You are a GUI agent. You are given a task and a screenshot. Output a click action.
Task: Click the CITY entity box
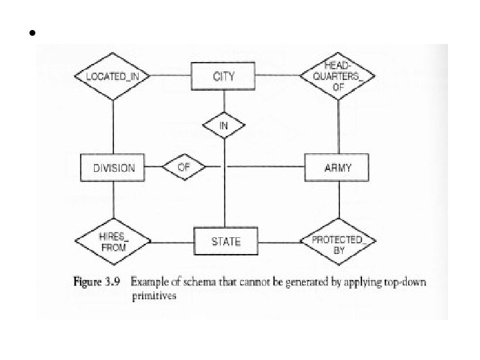[x=223, y=76]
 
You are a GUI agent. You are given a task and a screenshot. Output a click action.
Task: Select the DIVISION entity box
[x=113, y=168]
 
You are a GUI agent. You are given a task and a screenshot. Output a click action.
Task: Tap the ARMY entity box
[x=337, y=168]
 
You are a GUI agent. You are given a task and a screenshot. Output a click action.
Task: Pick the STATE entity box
[x=225, y=241]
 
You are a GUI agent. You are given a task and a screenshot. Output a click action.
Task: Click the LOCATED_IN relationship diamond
[x=112, y=76]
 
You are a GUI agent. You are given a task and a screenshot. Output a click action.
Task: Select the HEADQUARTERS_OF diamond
[x=337, y=75]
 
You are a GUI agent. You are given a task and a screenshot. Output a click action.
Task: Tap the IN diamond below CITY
[x=224, y=125]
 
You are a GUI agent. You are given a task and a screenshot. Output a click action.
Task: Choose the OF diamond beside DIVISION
[x=184, y=167]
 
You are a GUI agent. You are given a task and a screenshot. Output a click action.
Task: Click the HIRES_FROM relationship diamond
[x=113, y=241]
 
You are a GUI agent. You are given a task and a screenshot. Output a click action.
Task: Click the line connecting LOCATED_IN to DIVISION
[x=113, y=127]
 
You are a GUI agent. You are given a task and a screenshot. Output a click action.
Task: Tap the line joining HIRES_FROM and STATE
[x=172, y=241]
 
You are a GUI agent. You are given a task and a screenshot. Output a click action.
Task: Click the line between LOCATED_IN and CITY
[x=170, y=76]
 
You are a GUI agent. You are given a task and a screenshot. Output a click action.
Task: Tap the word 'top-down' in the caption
[x=407, y=282]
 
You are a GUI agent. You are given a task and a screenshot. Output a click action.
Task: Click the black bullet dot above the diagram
[x=31, y=33]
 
